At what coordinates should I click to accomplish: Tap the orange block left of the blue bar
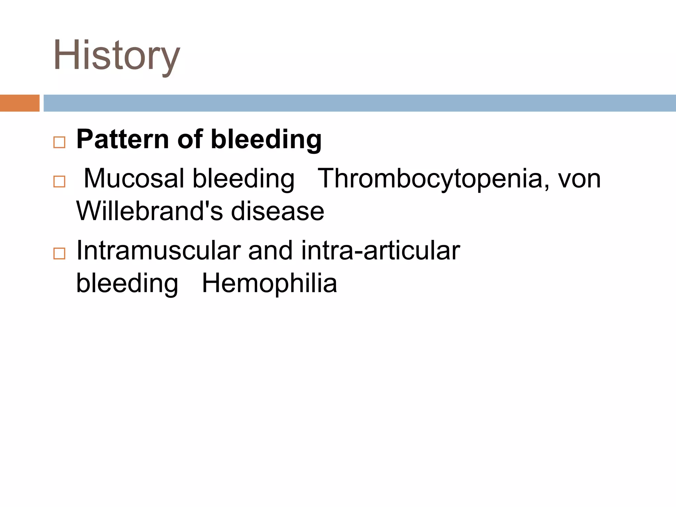(x=19, y=103)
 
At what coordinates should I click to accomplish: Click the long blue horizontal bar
(x=359, y=103)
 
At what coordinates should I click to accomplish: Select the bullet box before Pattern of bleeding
(x=59, y=142)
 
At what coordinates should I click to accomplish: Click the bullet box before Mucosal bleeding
(x=59, y=182)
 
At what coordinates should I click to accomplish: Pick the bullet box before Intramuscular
(x=59, y=253)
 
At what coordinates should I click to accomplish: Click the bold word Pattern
(x=123, y=139)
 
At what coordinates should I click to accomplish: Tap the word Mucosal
(x=134, y=179)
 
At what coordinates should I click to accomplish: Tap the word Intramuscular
(x=158, y=251)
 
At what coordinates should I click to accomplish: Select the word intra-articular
(x=380, y=251)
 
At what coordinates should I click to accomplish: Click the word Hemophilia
(x=269, y=283)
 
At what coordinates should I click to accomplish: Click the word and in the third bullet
(x=270, y=251)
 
